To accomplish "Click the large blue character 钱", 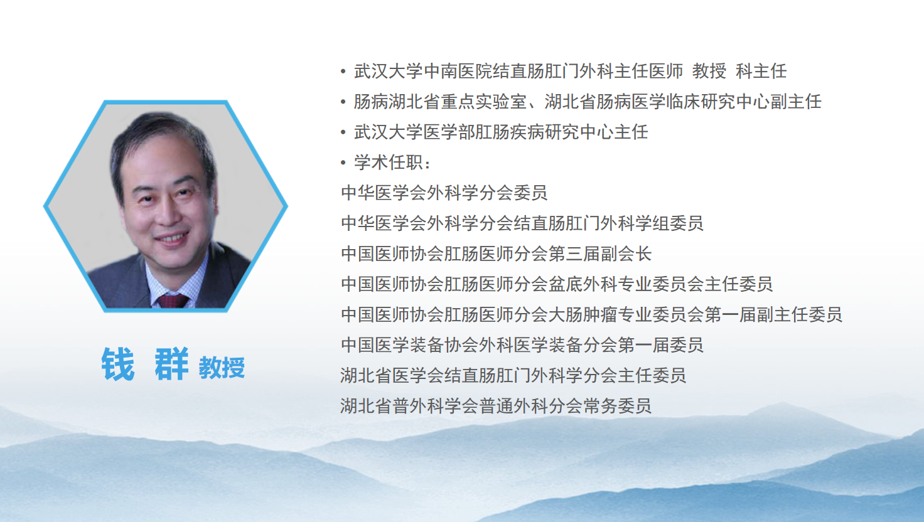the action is click(118, 364).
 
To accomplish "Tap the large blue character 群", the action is click(172, 364).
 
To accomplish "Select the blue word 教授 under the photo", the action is click(222, 367).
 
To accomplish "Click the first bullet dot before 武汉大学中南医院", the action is click(343, 72).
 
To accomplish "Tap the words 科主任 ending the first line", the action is click(761, 71).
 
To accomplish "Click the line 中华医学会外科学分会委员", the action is click(444, 193).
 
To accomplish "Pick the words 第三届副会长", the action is click(600, 253).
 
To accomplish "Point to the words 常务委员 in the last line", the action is click(618, 406).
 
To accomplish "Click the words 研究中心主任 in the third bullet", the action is click(596, 132).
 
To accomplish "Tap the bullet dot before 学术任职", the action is click(343, 163).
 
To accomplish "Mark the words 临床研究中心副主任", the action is click(743, 102).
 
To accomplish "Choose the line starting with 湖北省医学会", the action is click(513, 375).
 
